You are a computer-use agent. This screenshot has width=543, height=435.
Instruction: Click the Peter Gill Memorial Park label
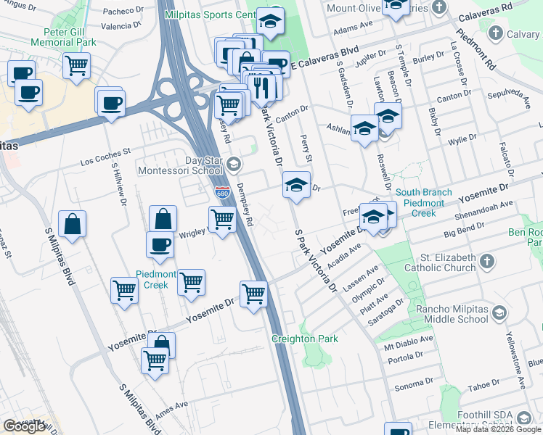point(63,37)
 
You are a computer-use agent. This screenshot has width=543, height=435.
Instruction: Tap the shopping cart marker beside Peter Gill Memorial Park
point(76,66)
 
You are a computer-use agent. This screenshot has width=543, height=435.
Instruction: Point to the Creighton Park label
point(304,339)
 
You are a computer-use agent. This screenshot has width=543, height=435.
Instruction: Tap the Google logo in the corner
point(24,426)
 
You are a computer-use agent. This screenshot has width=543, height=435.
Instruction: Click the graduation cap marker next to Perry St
point(295,185)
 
